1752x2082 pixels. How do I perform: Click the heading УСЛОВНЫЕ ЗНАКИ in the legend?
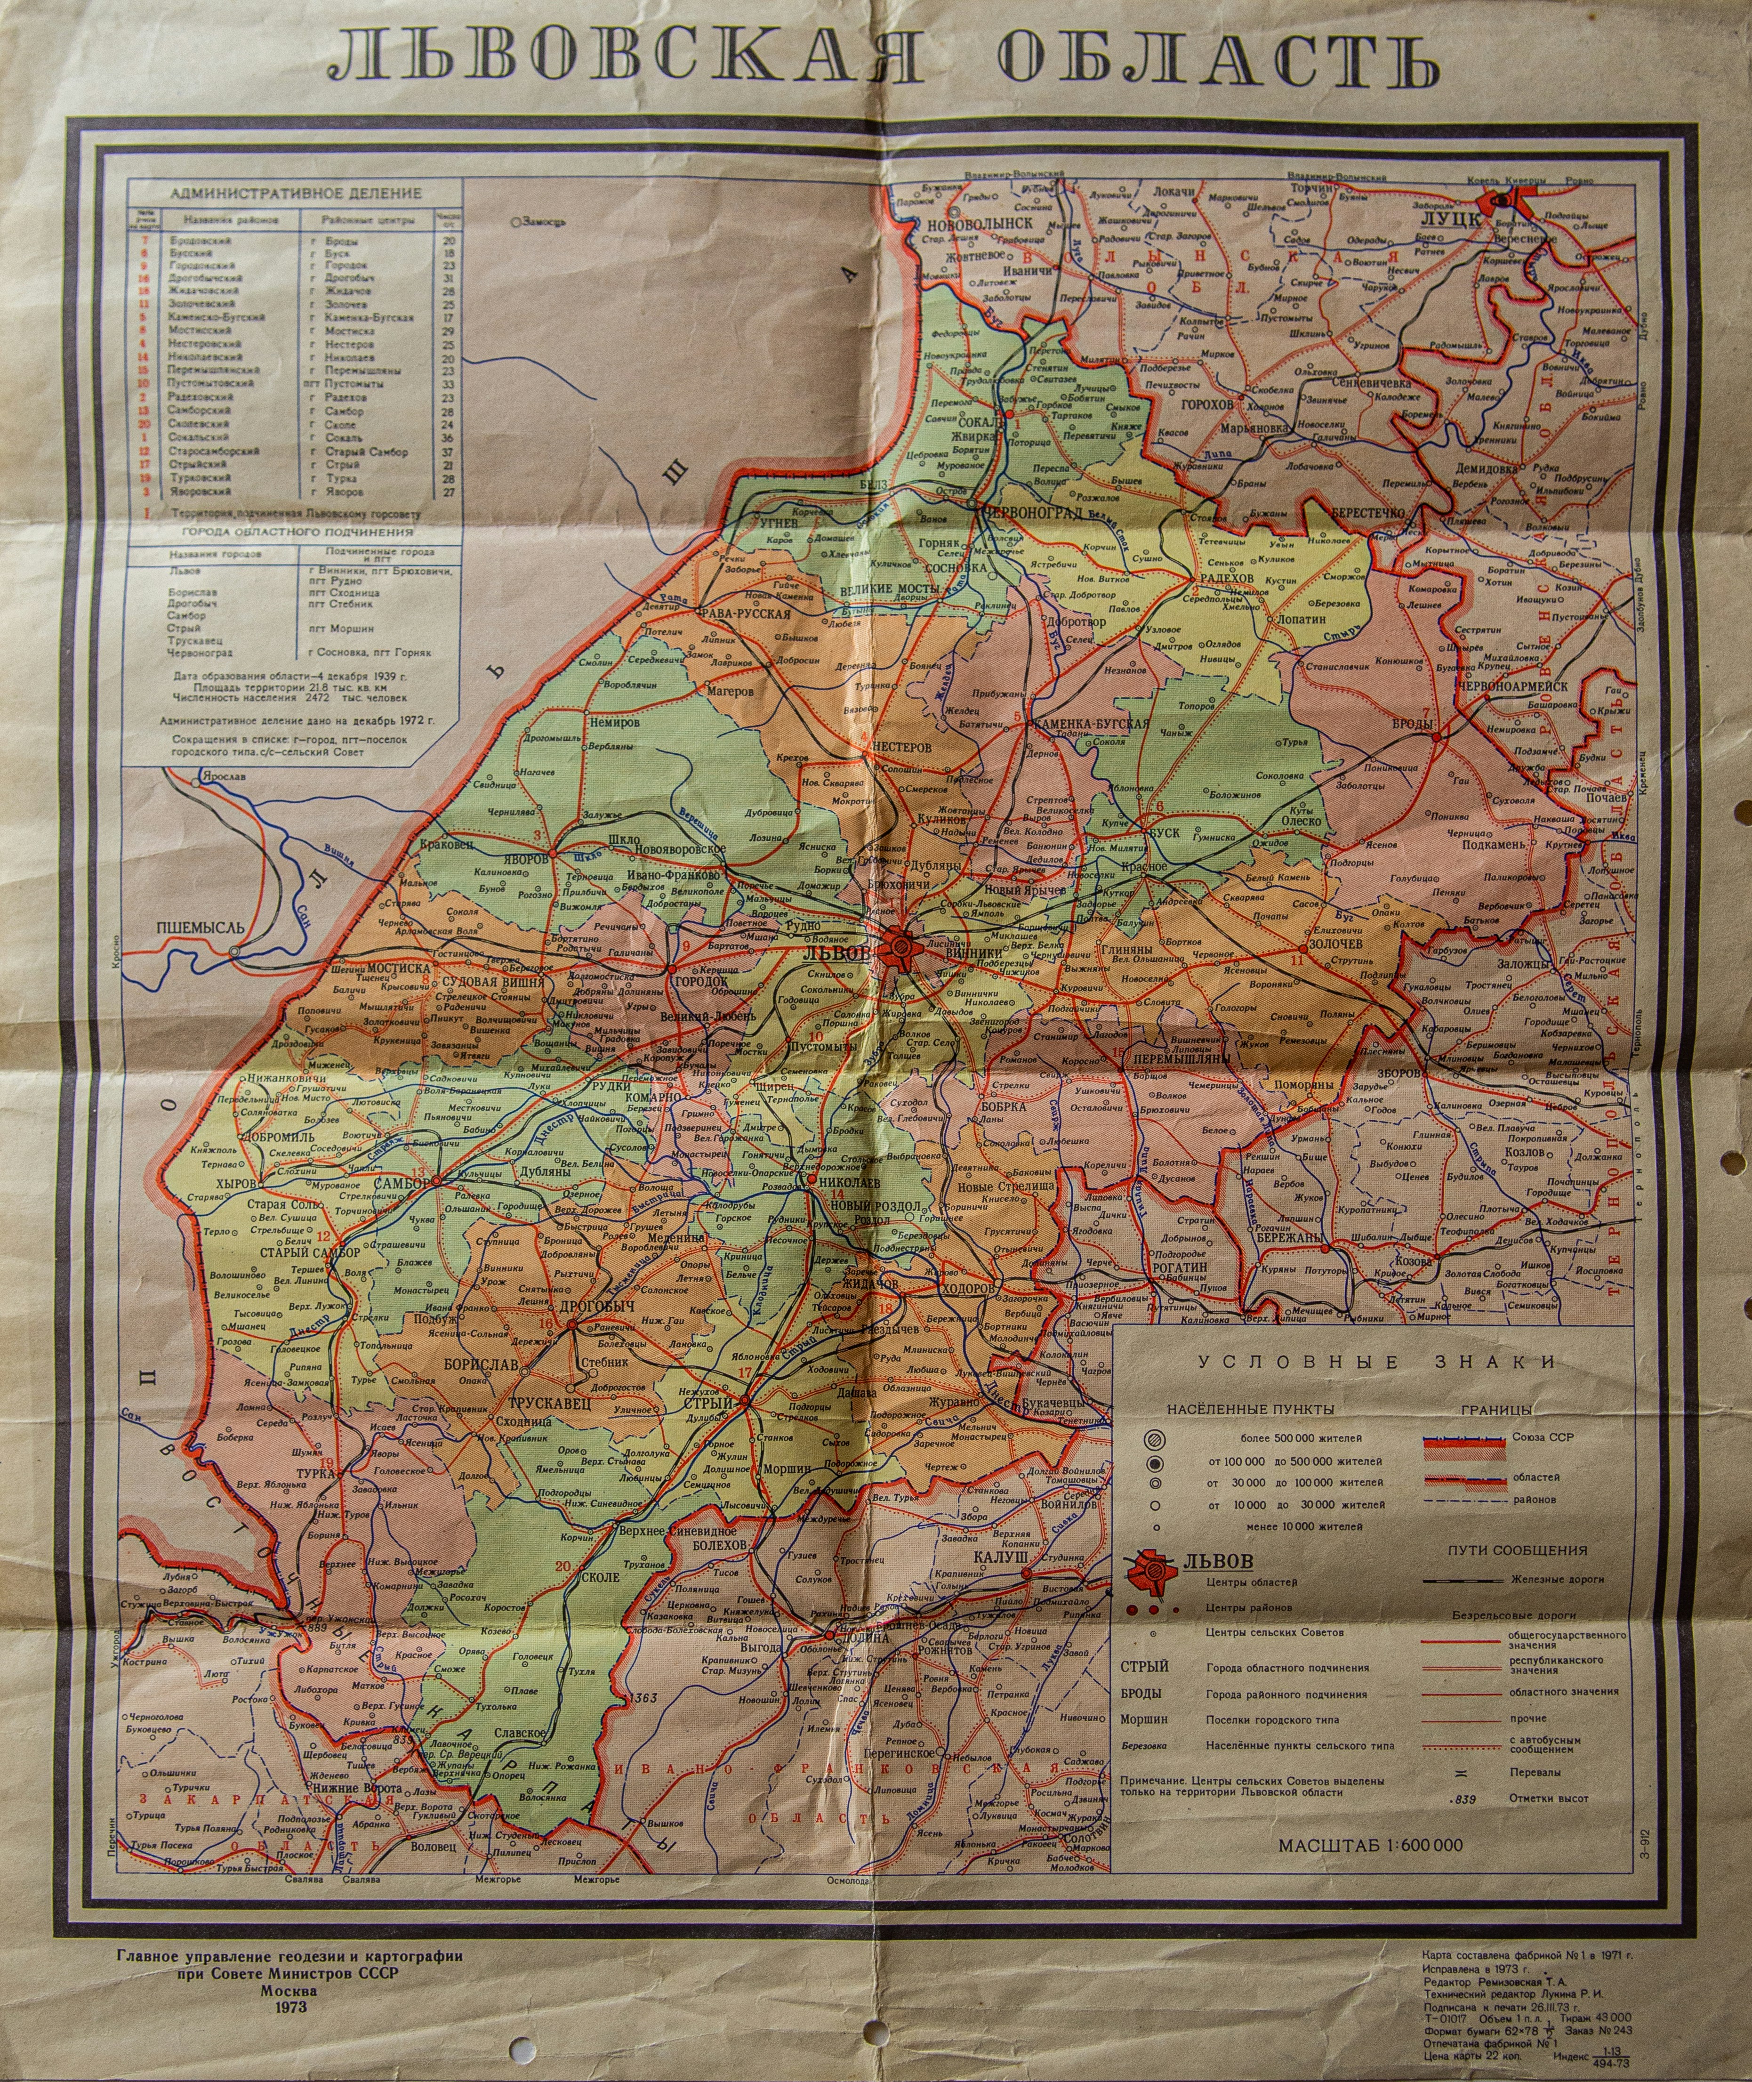[x=1375, y=1362]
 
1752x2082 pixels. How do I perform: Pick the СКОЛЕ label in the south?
[x=599, y=1577]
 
